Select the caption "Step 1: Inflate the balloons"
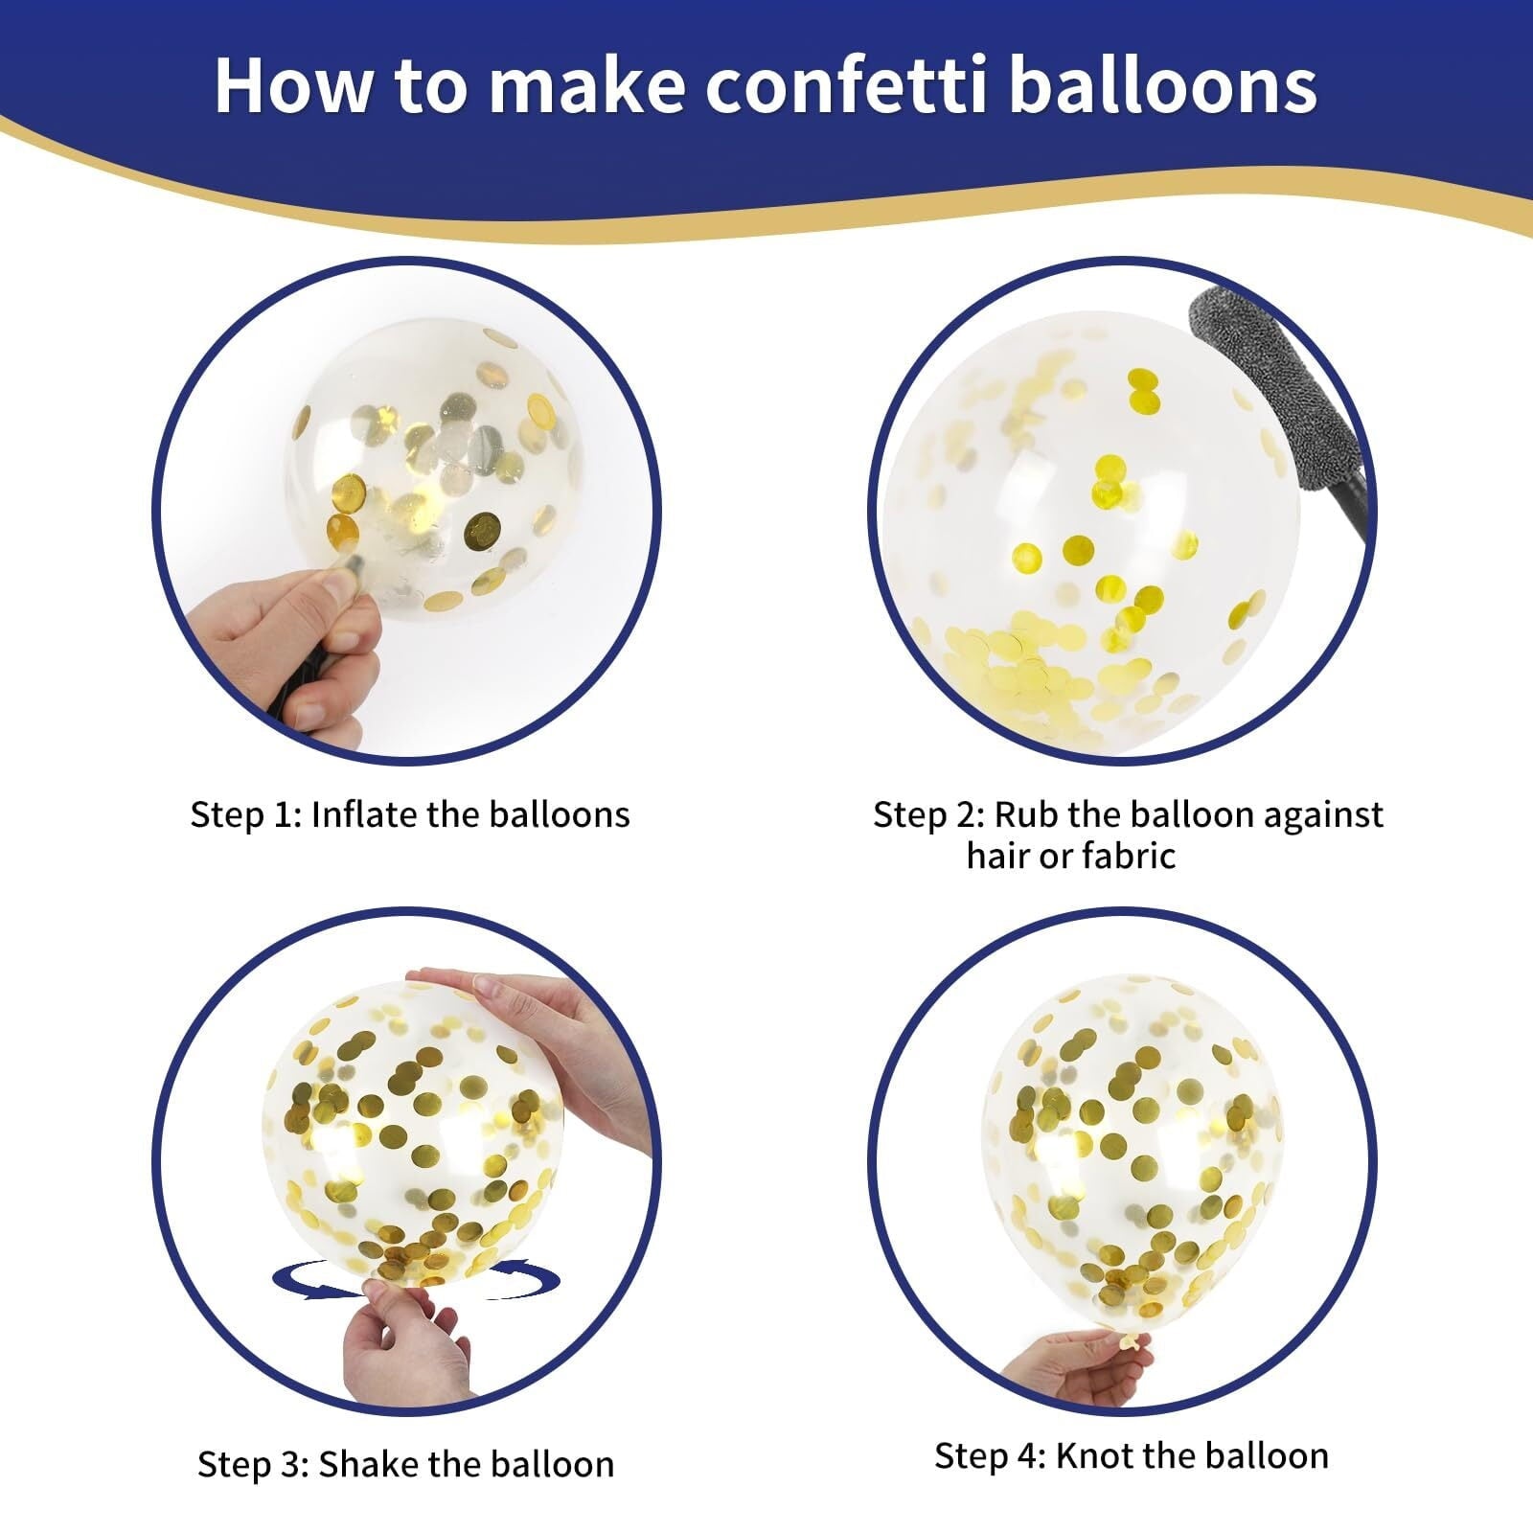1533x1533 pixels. coord(410,814)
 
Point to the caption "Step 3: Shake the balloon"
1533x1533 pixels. coord(406,1464)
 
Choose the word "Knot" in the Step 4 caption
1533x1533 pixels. coord(1094,1455)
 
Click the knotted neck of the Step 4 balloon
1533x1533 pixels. coord(1131,1339)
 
